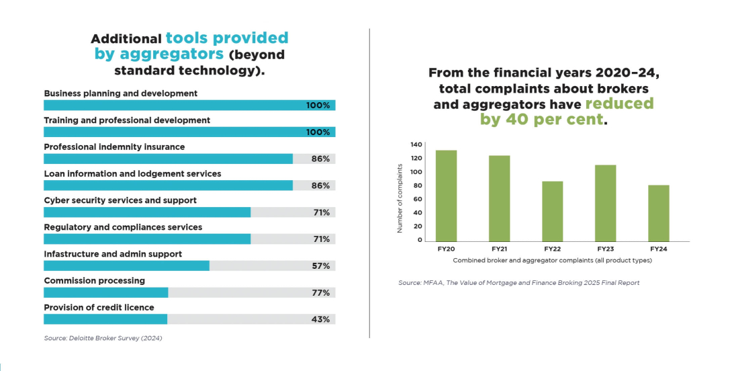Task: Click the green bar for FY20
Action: coord(446,196)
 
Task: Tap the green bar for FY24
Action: coord(659,213)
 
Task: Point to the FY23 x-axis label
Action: coord(605,249)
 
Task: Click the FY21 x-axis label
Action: coord(499,249)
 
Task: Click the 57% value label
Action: coord(320,266)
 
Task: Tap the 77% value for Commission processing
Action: coord(320,293)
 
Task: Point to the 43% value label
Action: coord(320,319)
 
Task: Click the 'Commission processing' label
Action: coord(94,281)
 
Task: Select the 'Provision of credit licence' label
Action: coord(99,308)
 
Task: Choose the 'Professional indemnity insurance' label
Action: coord(114,147)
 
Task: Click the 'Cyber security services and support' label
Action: coord(120,200)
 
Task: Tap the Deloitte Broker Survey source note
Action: coord(103,338)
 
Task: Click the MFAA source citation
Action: coord(518,283)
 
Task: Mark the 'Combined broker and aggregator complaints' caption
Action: coord(552,260)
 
